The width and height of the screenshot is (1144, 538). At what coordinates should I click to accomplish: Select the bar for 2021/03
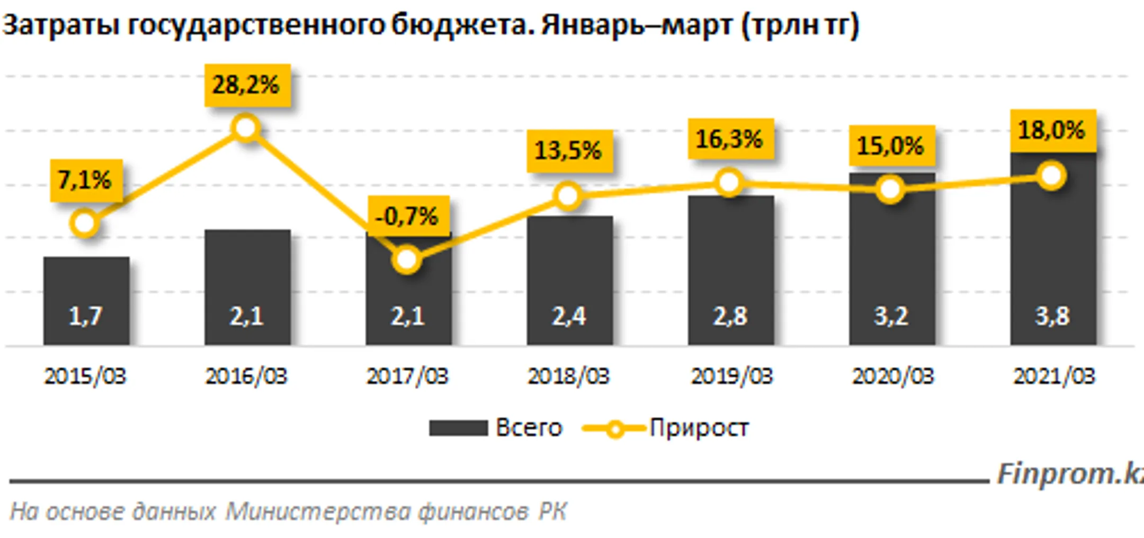tap(1053, 254)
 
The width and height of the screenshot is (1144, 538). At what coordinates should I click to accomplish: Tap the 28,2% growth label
tap(247, 85)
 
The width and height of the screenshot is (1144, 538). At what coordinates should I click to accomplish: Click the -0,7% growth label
tap(408, 216)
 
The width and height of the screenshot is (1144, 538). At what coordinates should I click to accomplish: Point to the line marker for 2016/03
tap(246, 128)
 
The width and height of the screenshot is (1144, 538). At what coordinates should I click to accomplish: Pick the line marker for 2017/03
tap(407, 259)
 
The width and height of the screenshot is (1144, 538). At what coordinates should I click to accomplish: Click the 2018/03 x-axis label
tap(569, 376)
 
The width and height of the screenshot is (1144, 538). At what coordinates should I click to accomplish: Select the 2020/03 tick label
tap(892, 376)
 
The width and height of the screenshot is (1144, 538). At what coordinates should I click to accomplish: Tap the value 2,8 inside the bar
tap(730, 316)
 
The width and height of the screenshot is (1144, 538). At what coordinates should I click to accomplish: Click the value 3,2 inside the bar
tap(891, 316)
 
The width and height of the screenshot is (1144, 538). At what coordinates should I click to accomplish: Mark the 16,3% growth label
tap(730, 139)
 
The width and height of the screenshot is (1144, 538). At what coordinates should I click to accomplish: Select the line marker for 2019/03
tap(729, 183)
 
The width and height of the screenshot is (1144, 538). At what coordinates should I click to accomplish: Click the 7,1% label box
tap(86, 180)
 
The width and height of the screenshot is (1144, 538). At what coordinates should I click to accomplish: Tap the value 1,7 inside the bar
tap(85, 316)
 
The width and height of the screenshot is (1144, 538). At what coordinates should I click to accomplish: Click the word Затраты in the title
tap(61, 25)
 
